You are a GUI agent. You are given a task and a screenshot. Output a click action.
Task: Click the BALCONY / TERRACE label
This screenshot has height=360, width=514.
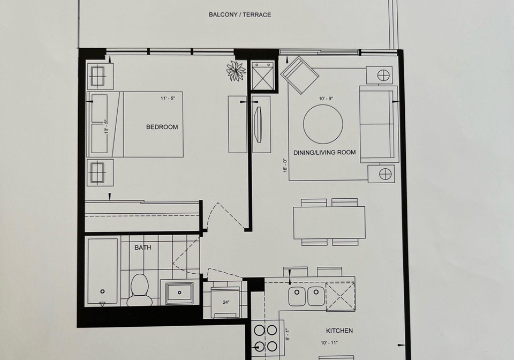pos(240,15)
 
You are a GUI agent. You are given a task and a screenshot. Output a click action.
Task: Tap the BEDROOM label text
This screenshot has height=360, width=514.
pos(162,127)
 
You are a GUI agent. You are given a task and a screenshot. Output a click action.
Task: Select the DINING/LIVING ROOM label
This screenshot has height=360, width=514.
pos(324,153)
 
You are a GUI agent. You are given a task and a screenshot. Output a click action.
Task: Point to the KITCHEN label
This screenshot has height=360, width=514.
pos(339,331)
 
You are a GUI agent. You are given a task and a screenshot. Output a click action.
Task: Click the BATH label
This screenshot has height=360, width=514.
pos(143,247)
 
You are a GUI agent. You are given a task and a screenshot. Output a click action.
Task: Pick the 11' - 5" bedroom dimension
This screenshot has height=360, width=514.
pos(168,99)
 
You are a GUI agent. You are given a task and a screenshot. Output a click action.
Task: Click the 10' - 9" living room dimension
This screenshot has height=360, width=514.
pos(326,99)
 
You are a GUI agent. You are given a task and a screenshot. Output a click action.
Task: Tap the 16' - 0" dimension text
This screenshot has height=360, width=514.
pos(285,165)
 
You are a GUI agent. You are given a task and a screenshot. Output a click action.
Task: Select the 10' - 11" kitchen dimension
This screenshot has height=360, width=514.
pos(329,343)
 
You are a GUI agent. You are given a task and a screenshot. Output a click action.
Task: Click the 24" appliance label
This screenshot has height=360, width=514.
pos(226,302)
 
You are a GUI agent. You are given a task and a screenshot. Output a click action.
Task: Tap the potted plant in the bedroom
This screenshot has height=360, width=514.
pos(236,71)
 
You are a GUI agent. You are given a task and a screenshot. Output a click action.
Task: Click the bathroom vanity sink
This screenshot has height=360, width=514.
pos(179,292)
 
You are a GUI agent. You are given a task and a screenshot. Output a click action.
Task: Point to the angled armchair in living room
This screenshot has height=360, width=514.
pos(300,75)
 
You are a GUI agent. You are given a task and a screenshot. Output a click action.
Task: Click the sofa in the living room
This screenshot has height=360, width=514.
pos(379,124)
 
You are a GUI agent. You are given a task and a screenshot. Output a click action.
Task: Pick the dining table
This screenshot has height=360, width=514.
pos(329,223)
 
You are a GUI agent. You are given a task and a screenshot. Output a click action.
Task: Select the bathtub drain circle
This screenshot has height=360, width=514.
pos(103,291)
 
